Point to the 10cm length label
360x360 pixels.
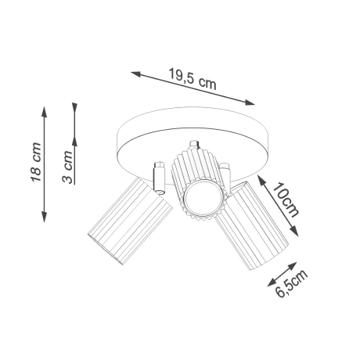coord(286,200)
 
